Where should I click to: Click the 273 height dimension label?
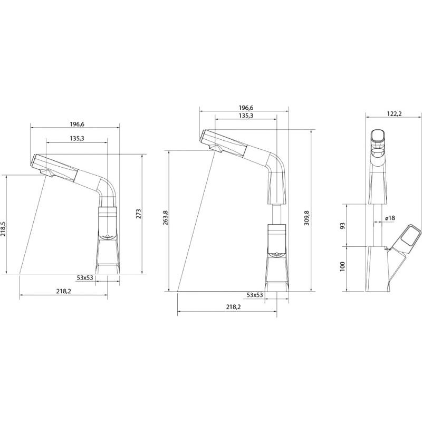coord(139,214)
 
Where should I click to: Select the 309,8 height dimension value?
coord(307,218)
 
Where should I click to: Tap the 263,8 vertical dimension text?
coord(165,217)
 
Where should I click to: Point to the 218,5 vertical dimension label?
coord(3,229)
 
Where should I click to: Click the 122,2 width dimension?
coord(394,114)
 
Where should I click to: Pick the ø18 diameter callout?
coord(390,218)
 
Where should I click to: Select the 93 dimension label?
coord(342,226)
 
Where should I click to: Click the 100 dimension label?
coord(342,266)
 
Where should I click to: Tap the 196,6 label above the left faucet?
coord(77,124)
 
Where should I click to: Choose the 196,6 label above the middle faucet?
coord(246,108)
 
